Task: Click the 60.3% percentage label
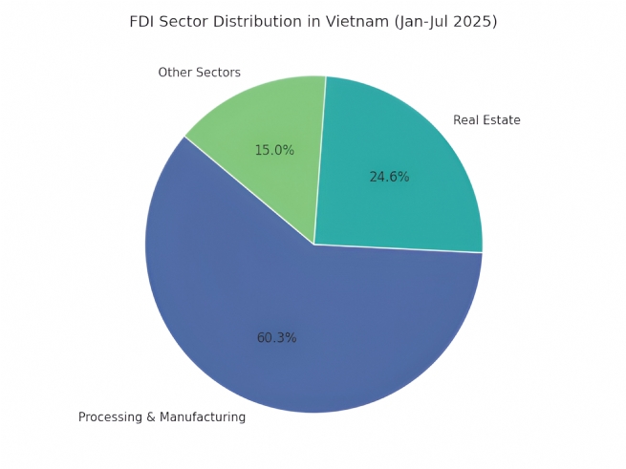276,338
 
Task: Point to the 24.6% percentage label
389,177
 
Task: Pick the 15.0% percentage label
274,150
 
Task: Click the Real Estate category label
486,120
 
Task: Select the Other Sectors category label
199,73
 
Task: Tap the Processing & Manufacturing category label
162,417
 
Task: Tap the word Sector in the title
187,21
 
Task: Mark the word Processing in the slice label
109,417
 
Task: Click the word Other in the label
175,73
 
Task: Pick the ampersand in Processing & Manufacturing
148,417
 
